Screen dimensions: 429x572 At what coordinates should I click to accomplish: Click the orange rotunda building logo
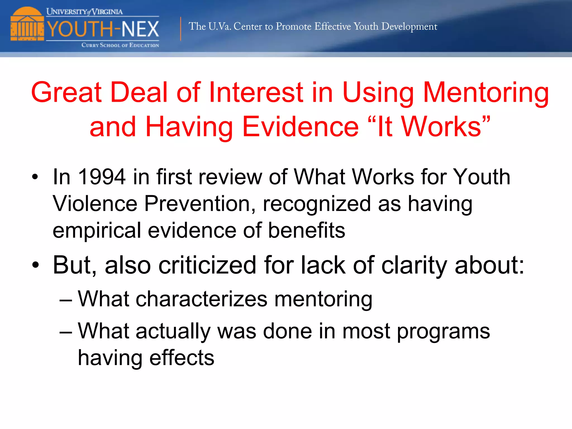click(x=27, y=25)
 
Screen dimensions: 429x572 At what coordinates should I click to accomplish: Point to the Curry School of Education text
click(x=120, y=45)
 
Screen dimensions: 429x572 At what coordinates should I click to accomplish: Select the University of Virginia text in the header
click(x=84, y=12)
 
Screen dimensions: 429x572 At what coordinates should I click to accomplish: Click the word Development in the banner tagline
click(x=409, y=27)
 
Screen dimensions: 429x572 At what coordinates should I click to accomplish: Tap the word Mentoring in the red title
click(x=486, y=92)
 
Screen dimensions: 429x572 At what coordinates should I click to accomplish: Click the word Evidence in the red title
click(x=301, y=127)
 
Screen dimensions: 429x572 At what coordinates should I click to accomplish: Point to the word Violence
click(x=95, y=204)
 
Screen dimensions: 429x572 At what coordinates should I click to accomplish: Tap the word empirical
click(x=97, y=230)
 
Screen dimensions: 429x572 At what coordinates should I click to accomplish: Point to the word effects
click(x=182, y=358)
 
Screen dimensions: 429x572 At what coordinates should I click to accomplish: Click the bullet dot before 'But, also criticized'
click(x=35, y=264)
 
